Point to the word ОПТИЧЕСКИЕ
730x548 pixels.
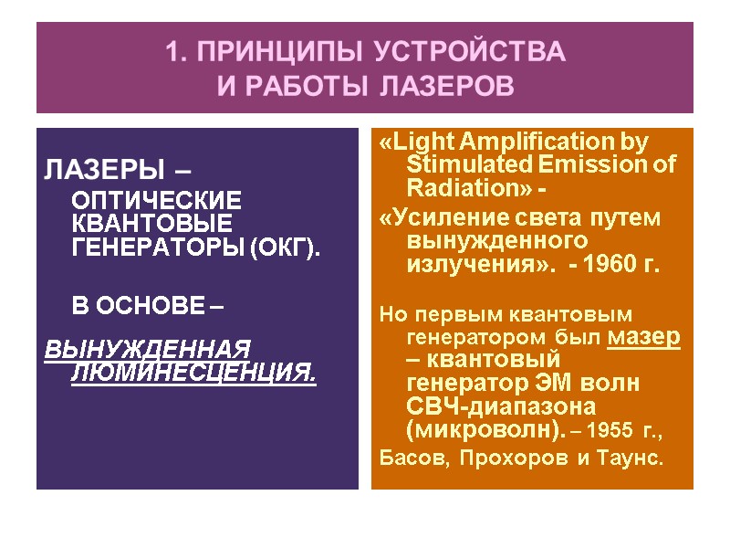(157, 200)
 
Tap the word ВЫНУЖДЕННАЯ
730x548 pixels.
(147, 350)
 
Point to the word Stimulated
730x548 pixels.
(465, 165)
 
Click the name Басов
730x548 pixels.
(410, 457)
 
